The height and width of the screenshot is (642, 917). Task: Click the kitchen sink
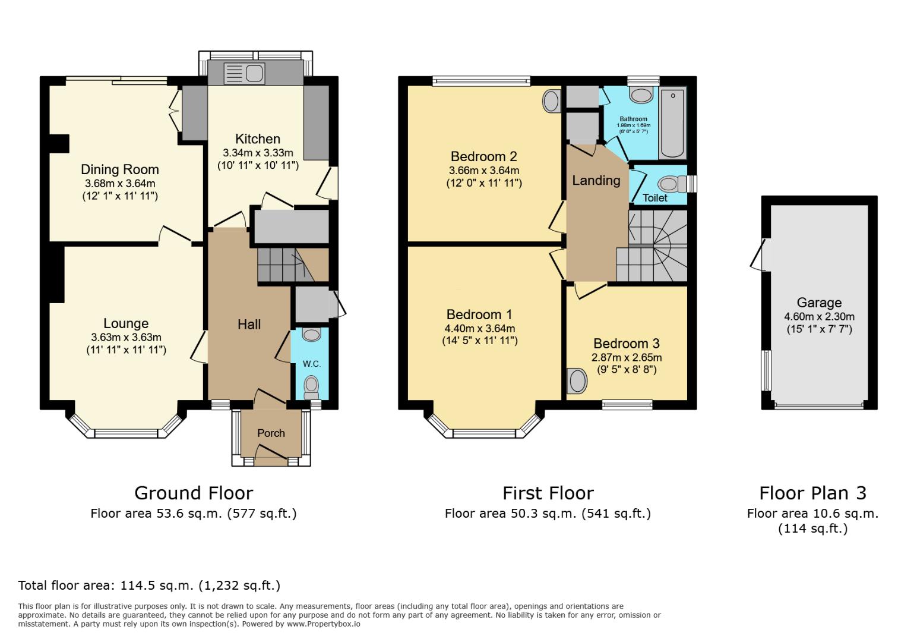click(x=244, y=74)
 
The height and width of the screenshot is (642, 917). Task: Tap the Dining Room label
click(x=120, y=170)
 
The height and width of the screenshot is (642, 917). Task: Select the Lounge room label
click(x=126, y=323)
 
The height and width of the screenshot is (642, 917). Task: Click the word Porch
click(x=271, y=433)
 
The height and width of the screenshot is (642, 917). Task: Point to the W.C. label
click(x=311, y=364)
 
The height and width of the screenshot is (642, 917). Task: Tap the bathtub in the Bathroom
click(x=672, y=123)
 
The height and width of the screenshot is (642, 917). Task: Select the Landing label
click(x=596, y=180)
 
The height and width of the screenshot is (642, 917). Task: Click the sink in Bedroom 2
click(x=551, y=101)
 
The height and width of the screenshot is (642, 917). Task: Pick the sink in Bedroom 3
click(x=576, y=381)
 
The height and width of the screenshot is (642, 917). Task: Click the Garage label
click(x=819, y=303)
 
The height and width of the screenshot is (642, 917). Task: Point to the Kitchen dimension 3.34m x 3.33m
click(x=258, y=153)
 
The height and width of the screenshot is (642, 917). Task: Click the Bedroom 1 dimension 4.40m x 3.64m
click(x=479, y=328)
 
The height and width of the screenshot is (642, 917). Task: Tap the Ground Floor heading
click(x=194, y=493)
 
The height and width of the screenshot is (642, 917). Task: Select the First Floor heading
click(x=548, y=493)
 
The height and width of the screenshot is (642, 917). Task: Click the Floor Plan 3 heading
click(x=812, y=493)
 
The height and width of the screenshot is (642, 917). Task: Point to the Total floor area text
click(x=149, y=585)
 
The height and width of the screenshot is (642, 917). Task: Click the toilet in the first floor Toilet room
click(x=671, y=183)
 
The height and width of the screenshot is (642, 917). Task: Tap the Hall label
click(x=249, y=324)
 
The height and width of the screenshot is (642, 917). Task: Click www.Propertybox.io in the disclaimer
click(x=324, y=624)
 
